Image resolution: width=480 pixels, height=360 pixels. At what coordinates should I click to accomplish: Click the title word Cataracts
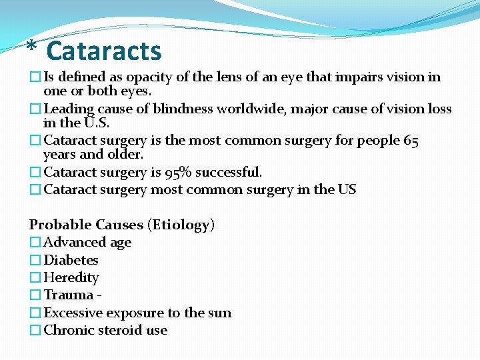coord(104,51)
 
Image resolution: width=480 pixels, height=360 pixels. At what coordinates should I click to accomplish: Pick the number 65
coord(411,141)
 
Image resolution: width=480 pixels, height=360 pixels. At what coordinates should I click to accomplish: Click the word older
coord(122,155)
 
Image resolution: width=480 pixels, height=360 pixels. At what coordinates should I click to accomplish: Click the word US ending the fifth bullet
coord(347,190)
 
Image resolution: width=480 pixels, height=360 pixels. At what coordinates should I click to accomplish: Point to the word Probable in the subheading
coord(60,225)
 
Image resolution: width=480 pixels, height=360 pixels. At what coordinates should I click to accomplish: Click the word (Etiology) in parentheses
coord(183,225)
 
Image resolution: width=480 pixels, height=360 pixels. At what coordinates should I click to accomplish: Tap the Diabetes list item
coord(71,260)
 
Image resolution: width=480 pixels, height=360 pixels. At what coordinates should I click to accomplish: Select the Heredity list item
coord(71,277)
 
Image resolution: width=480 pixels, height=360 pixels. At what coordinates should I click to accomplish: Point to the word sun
coord(219,313)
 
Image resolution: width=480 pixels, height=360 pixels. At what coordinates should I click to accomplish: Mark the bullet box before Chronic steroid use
coord(35,331)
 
